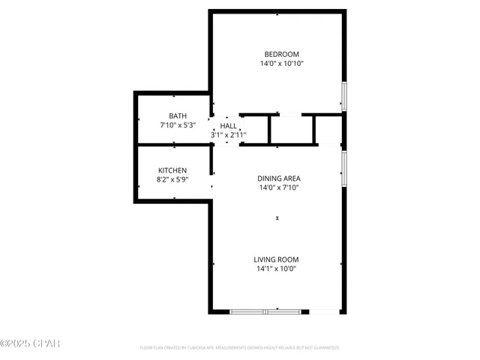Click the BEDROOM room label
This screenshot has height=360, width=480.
coord(281,53)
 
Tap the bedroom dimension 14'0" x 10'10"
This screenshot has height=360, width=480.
coord(281,64)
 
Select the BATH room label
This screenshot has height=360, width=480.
coord(178,115)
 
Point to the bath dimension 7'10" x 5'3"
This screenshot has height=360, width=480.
coord(178,125)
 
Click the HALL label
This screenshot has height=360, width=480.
coord(228,126)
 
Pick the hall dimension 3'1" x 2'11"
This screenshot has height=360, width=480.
coord(228,136)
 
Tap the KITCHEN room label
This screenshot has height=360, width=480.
coord(172,170)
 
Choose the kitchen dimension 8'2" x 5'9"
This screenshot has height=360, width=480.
coord(172,180)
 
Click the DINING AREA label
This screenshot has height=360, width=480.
coord(279,178)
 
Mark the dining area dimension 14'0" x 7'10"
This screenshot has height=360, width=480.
coord(279,188)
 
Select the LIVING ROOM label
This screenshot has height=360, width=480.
coord(277,259)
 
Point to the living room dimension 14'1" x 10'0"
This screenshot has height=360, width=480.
coord(277,269)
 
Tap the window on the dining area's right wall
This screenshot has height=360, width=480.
coord(344,169)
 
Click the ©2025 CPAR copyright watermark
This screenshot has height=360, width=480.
coord(30,343)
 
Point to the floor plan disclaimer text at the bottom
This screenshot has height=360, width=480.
coord(240,348)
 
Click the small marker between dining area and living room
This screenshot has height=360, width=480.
coord(277,218)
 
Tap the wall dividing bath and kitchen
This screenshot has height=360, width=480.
coord(172,143)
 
